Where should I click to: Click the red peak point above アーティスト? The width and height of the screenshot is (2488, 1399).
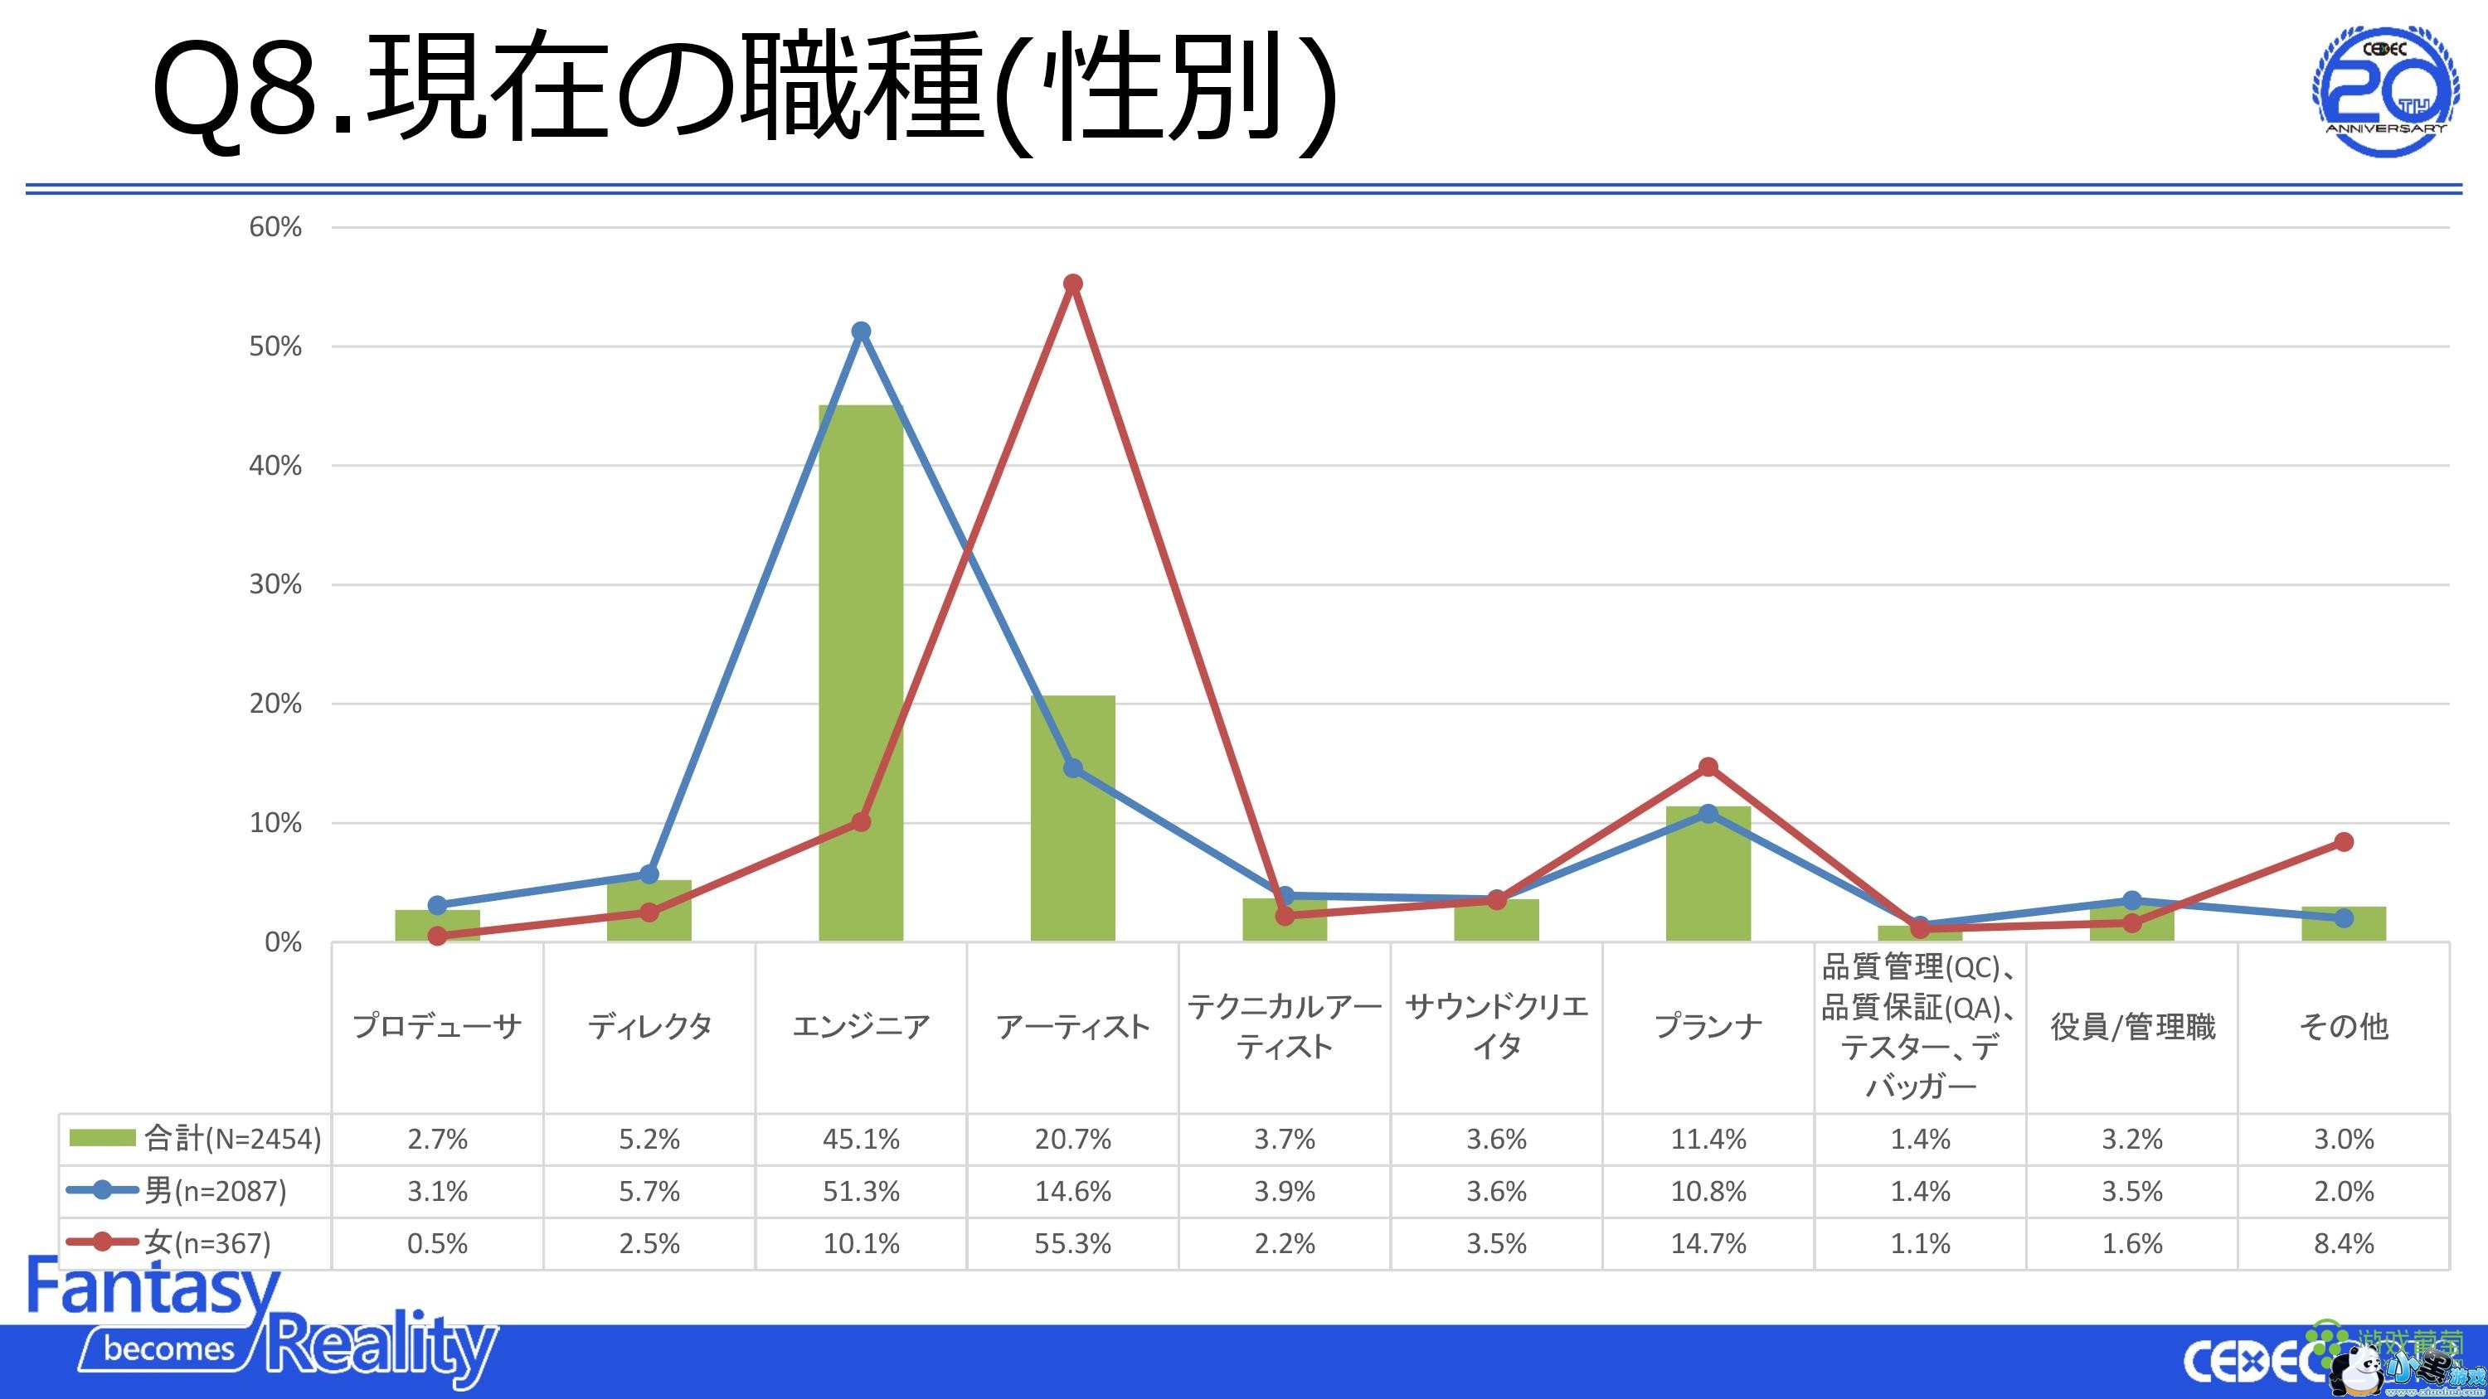tap(1072, 283)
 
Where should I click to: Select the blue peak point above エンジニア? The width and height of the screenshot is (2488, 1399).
tap(861, 332)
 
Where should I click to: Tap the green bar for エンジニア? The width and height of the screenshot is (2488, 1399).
tap(861, 675)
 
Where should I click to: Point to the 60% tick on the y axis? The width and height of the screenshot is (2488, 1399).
tap(275, 227)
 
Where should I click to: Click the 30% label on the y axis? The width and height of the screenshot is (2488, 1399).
tap(275, 584)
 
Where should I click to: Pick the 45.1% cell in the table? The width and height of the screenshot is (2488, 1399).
tap(861, 1140)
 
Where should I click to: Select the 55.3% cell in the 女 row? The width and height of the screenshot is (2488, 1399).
tap(1072, 1243)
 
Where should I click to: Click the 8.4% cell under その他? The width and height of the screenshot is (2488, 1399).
tap(2343, 1243)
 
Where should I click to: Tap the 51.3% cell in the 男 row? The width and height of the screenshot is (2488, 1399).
tap(861, 1192)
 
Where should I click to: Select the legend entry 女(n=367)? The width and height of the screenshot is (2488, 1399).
tap(170, 1243)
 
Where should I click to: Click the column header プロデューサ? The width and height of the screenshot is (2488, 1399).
tap(438, 1026)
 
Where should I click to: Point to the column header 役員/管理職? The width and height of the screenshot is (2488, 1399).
tap(2131, 1026)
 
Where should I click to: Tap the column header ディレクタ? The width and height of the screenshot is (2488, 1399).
tap(649, 1026)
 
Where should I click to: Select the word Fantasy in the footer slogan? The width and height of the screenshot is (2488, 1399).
tap(153, 1287)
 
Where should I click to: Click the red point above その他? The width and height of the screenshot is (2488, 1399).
tap(2343, 842)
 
